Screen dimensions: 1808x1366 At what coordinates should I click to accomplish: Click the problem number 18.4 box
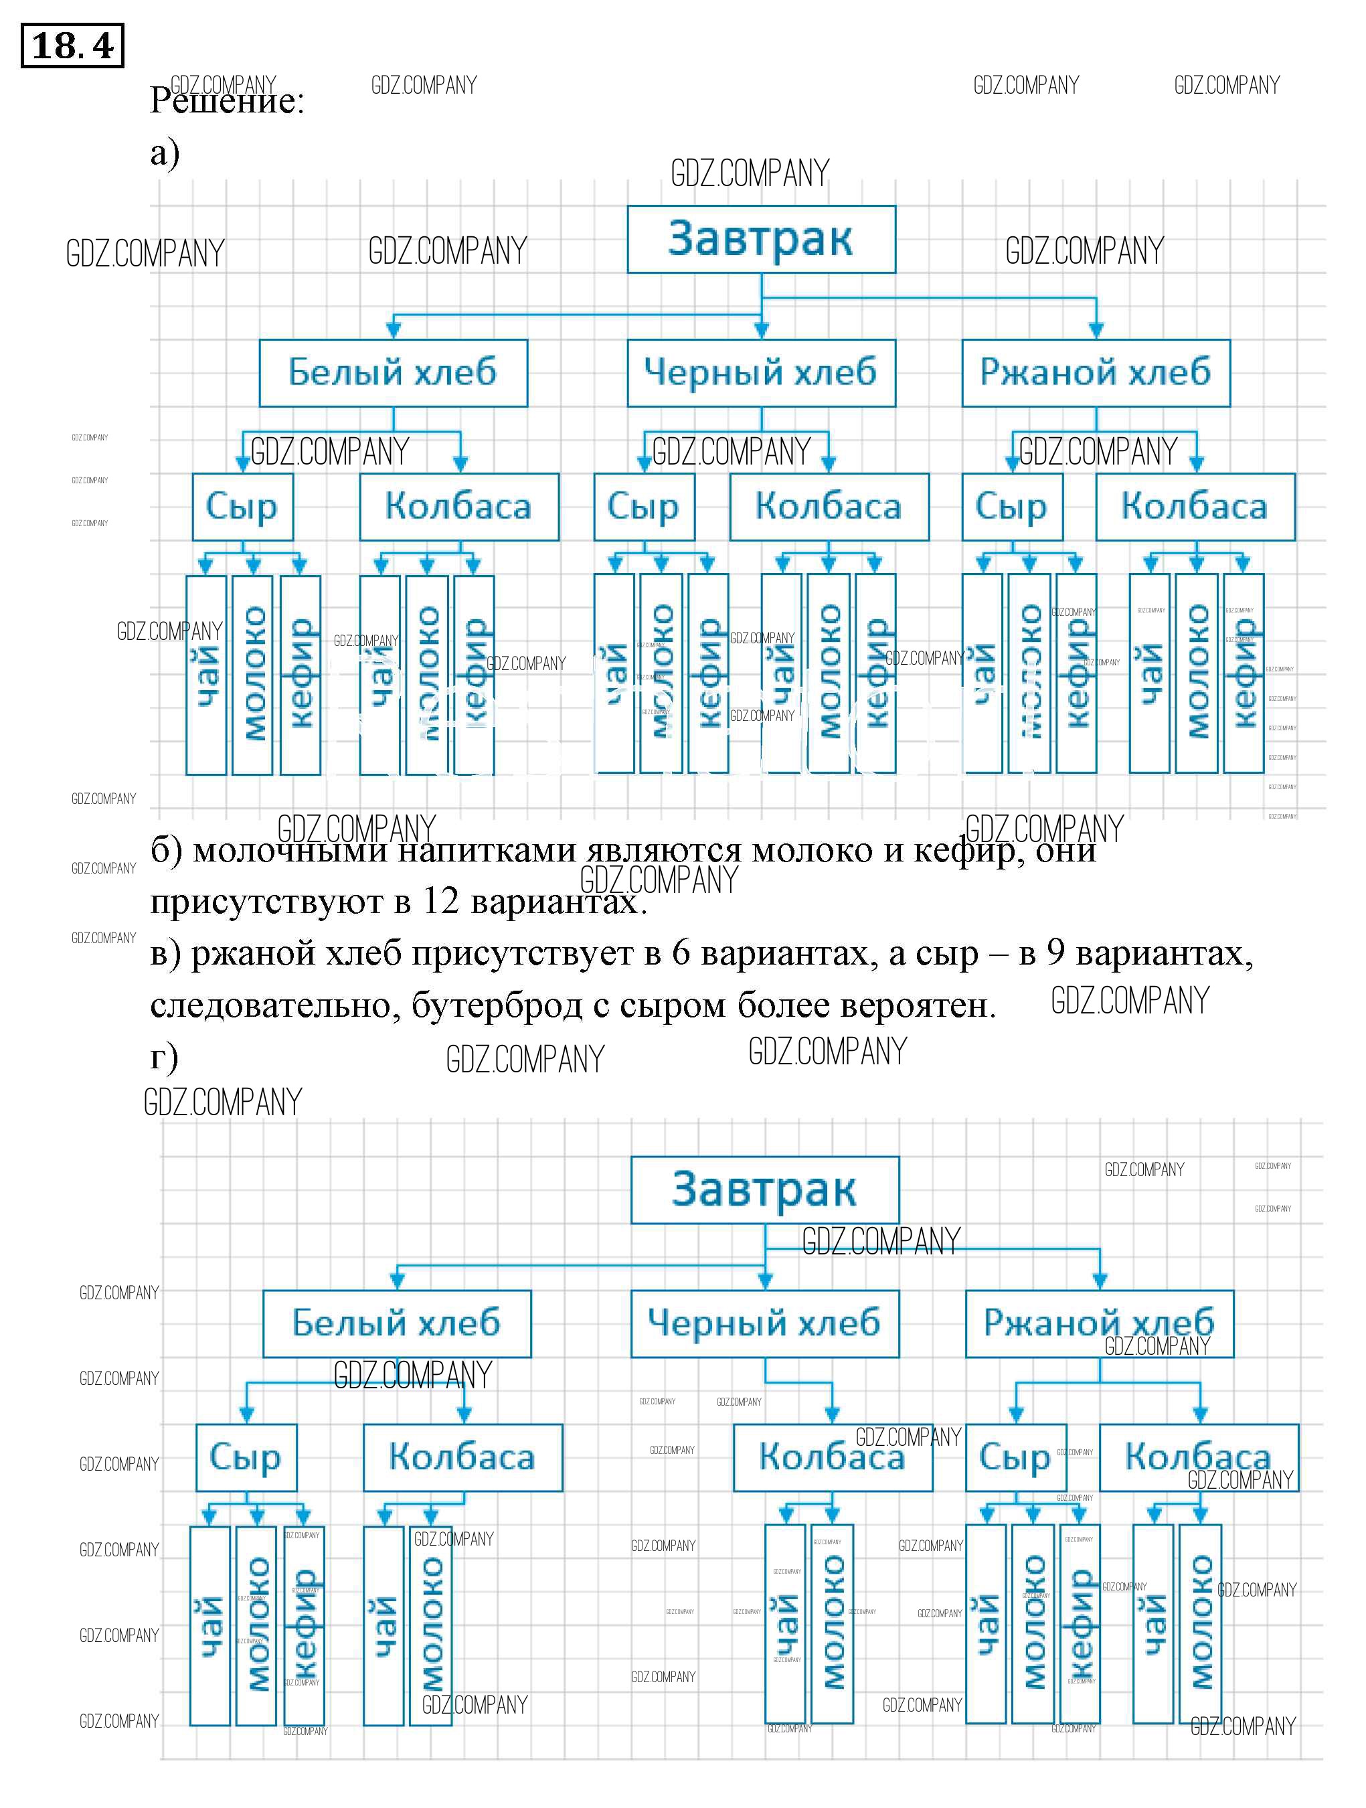point(72,46)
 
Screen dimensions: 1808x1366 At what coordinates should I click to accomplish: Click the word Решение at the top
point(226,101)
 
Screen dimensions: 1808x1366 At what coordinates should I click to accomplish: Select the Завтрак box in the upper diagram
point(760,239)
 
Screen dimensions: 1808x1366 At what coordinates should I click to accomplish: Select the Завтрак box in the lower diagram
point(764,1189)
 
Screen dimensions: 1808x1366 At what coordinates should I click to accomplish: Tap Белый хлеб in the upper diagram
point(394,373)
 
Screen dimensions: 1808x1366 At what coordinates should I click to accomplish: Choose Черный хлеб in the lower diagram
point(764,1323)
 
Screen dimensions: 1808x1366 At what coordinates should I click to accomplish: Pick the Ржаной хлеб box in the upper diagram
point(1096,373)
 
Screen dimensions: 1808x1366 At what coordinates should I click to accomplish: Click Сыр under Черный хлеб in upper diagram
point(643,507)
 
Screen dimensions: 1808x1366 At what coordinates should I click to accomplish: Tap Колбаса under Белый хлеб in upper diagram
point(458,507)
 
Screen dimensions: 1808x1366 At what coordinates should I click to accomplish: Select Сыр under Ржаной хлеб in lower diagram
point(1015,1457)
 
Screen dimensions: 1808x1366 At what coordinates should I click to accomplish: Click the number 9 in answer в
point(1055,954)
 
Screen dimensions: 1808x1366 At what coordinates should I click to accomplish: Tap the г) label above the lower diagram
point(163,1056)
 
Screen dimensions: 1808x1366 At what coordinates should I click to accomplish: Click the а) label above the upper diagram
point(165,153)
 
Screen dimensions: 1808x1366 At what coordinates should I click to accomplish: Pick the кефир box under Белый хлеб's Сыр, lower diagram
point(303,1627)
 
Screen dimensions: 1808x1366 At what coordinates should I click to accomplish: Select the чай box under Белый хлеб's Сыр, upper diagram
point(206,675)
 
